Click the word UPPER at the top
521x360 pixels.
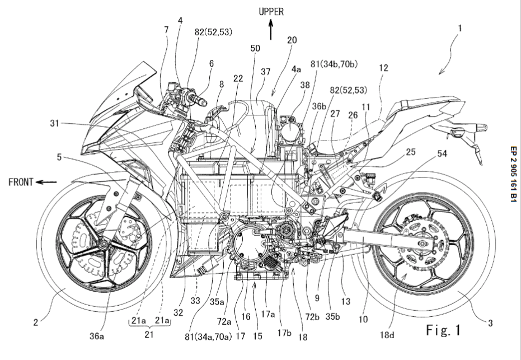(271, 12)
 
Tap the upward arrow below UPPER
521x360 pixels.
(271, 30)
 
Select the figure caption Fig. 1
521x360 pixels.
(444, 330)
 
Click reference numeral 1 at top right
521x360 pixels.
(458, 40)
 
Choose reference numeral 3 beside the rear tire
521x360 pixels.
(490, 323)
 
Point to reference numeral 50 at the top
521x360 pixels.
(255, 49)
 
